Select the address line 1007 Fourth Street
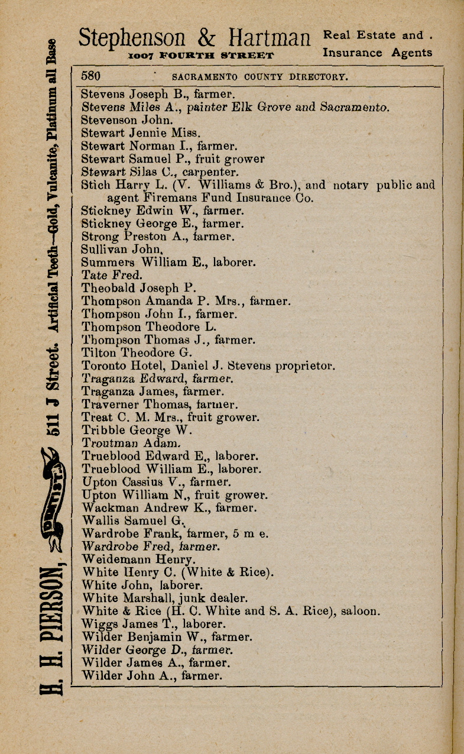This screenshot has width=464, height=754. [x=201, y=56]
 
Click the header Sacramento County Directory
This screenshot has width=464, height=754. [x=259, y=77]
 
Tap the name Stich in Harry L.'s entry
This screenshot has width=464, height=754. [x=93, y=185]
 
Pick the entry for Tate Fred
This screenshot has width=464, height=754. [x=112, y=275]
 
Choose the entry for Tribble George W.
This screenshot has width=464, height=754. [x=135, y=430]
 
